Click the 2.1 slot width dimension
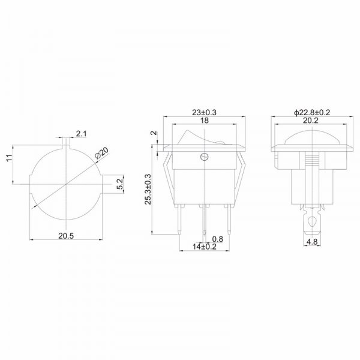(x=82, y=133)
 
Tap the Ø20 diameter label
(x=101, y=153)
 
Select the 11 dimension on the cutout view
(x=9, y=158)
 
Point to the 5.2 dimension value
(x=120, y=184)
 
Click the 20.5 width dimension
(x=66, y=236)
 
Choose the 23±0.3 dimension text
(x=204, y=113)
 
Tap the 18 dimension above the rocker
(x=205, y=120)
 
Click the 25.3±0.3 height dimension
(x=148, y=189)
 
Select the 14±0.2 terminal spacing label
(x=205, y=247)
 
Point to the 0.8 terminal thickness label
(x=217, y=239)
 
